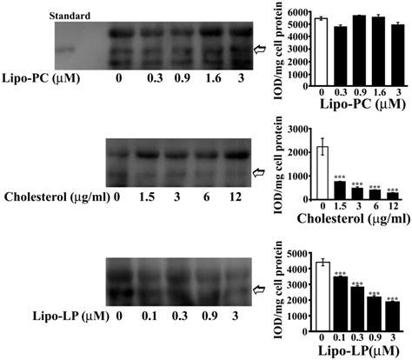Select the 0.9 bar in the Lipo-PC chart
pyautogui.click(x=358, y=48)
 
